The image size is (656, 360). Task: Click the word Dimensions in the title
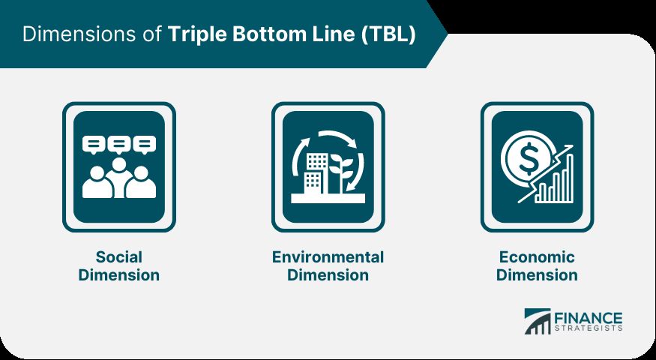(x=79, y=34)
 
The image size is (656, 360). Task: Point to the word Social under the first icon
(x=118, y=256)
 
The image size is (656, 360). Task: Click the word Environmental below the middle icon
(x=328, y=256)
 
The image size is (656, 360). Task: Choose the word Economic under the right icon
(x=537, y=256)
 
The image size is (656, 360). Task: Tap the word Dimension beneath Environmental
(x=328, y=275)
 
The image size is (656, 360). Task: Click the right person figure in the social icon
(x=141, y=182)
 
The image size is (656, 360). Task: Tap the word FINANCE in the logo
(x=589, y=318)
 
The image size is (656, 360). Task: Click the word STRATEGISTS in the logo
(x=589, y=328)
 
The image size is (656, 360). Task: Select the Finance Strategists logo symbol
(x=538, y=322)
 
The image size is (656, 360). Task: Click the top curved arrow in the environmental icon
(x=337, y=136)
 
